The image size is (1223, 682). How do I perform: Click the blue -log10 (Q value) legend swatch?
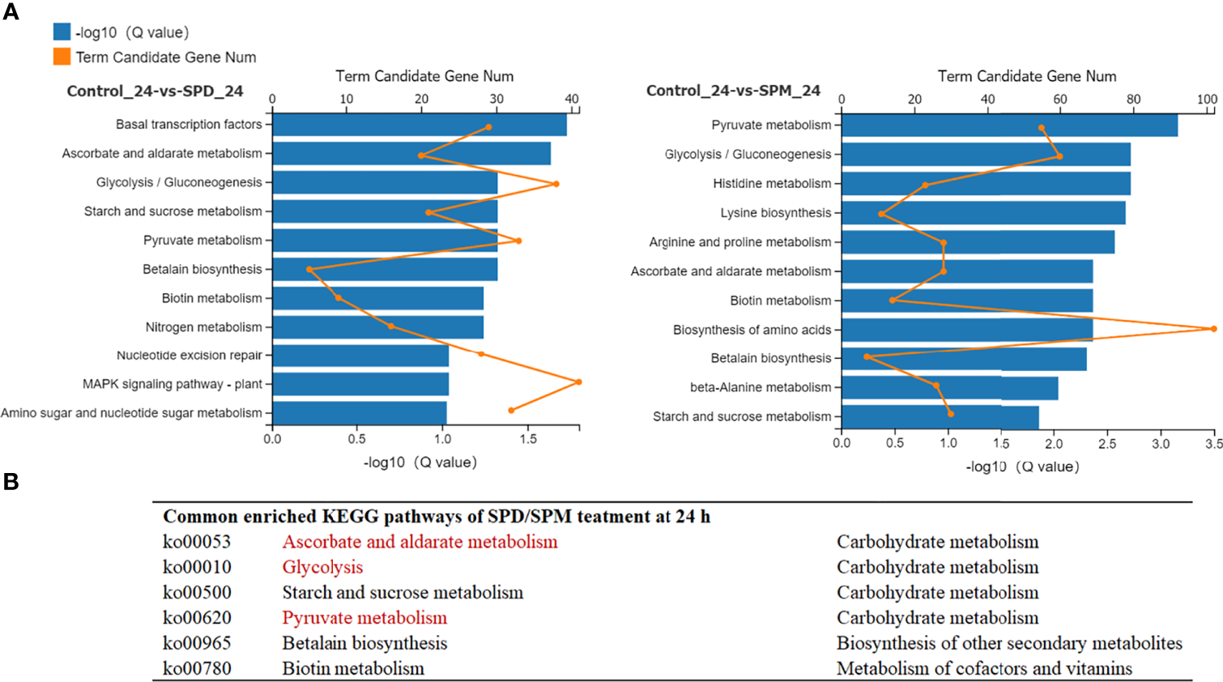pos(62,32)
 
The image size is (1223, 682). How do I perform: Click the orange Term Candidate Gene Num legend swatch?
pos(62,57)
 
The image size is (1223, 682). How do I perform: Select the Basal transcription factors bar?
pos(419,125)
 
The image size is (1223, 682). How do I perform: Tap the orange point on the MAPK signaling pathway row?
pos(578,381)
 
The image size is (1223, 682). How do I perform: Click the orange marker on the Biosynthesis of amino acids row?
pos(1213,328)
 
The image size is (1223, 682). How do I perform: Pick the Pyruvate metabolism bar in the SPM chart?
pos(1009,126)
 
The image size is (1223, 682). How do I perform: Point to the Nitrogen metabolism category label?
pos(203,327)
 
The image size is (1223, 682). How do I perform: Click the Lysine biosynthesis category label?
pos(775,213)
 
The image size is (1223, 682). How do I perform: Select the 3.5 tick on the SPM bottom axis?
pos(1213,443)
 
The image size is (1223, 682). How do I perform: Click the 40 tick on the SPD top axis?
pos(572,99)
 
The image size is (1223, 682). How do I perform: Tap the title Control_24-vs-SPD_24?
pos(155,91)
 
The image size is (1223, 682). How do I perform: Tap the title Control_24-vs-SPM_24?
pos(733,91)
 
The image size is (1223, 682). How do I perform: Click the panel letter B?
pos(11,482)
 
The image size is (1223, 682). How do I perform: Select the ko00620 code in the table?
pos(197,618)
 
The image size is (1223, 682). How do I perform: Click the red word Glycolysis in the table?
pos(322,567)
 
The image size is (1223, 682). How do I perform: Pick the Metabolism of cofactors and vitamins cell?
pos(984,668)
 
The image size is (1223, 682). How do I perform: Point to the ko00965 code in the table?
pos(197,643)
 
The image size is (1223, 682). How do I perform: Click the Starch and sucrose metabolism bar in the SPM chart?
pos(940,417)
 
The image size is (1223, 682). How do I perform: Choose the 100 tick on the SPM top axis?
pos(1207,99)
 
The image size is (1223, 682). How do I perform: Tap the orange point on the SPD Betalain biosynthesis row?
pos(309,269)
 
